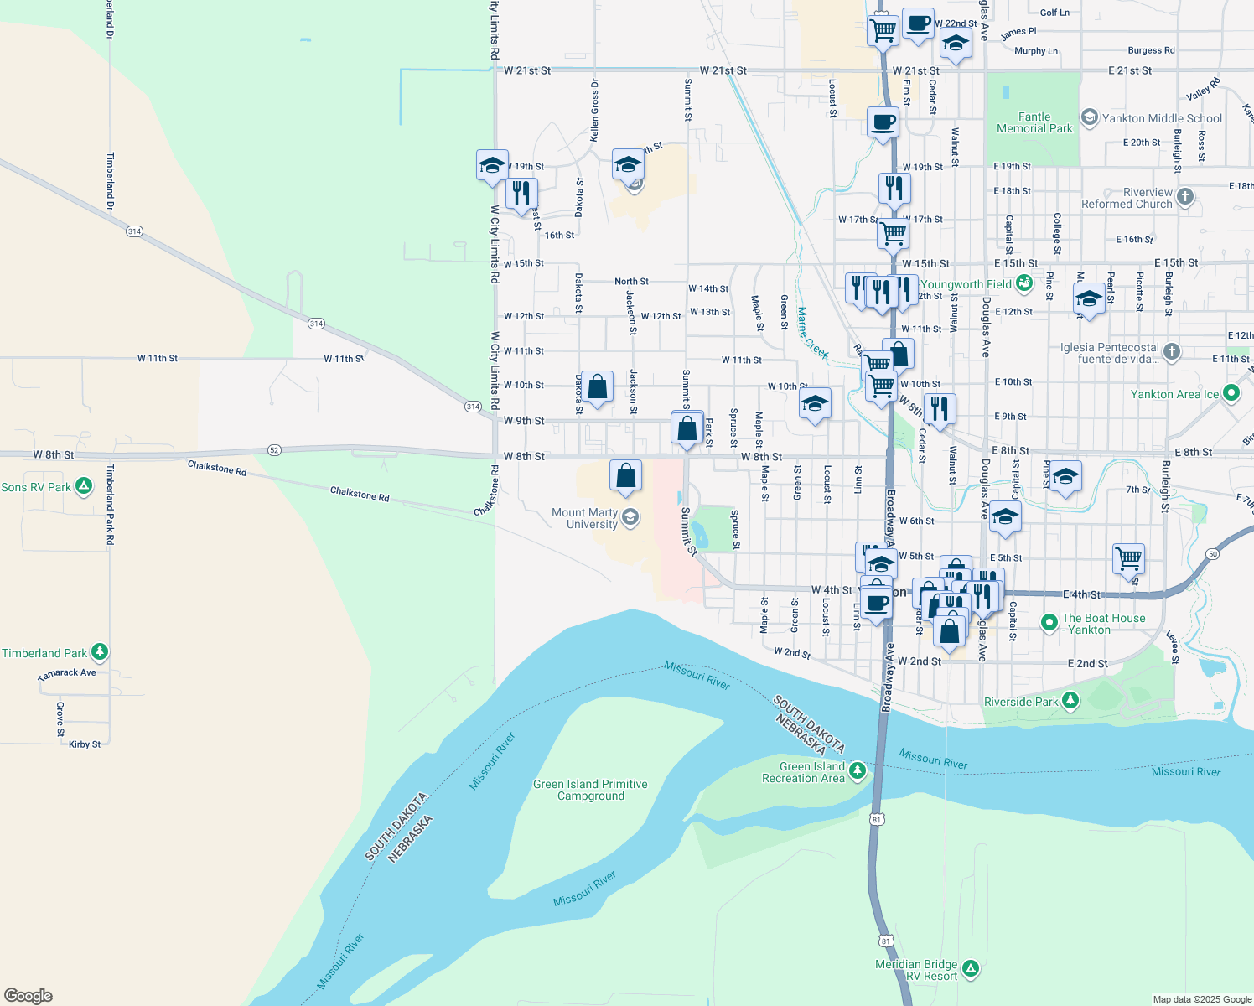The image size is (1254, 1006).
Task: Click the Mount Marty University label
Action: [585, 518]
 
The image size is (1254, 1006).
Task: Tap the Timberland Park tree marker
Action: [100, 651]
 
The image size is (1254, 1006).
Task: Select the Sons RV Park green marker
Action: [84, 485]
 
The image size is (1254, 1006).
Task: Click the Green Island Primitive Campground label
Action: [590, 790]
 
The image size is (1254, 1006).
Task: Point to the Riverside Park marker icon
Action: [1070, 700]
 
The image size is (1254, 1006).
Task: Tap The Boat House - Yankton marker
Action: [1049, 622]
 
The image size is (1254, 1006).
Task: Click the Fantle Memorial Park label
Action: [1034, 122]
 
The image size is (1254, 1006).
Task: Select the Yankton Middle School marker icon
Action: [1089, 117]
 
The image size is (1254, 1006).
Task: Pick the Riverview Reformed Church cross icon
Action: [1184, 196]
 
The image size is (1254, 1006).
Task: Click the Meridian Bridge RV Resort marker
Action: [971, 969]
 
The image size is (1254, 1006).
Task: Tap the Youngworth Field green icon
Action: [1024, 283]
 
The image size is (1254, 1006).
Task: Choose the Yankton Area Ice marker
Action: [1231, 392]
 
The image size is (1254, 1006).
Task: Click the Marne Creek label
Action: [812, 333]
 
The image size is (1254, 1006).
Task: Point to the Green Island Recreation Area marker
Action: [857, 770]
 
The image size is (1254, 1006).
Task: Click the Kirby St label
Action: [85, 744]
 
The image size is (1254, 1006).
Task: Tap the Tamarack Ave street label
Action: [67, 673]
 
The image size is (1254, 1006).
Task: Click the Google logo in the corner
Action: [28, 996]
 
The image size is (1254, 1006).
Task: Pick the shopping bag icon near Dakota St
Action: [597, 387]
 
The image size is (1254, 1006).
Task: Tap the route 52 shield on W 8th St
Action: [274, 450]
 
